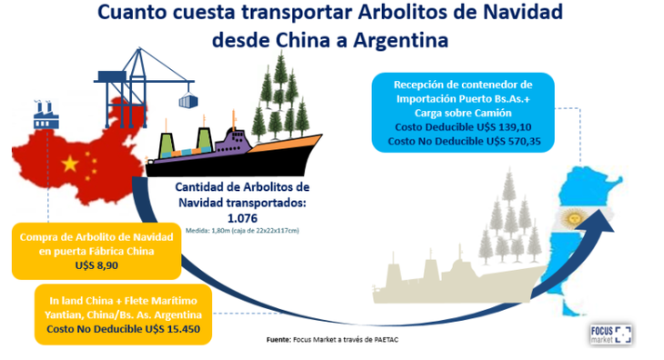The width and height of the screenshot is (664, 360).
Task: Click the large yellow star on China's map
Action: tap(69, 164)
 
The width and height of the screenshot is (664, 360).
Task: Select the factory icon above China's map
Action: tap(46, 115)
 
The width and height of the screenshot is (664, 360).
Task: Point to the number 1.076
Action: tap(241, 218)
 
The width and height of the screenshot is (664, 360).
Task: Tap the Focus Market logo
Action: tap(610, 333)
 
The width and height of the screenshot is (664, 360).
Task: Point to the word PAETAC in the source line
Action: tap(389, 342)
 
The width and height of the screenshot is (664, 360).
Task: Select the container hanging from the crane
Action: tap(191, 97)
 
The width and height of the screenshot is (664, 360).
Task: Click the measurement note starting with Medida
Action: tap(241, 231)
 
